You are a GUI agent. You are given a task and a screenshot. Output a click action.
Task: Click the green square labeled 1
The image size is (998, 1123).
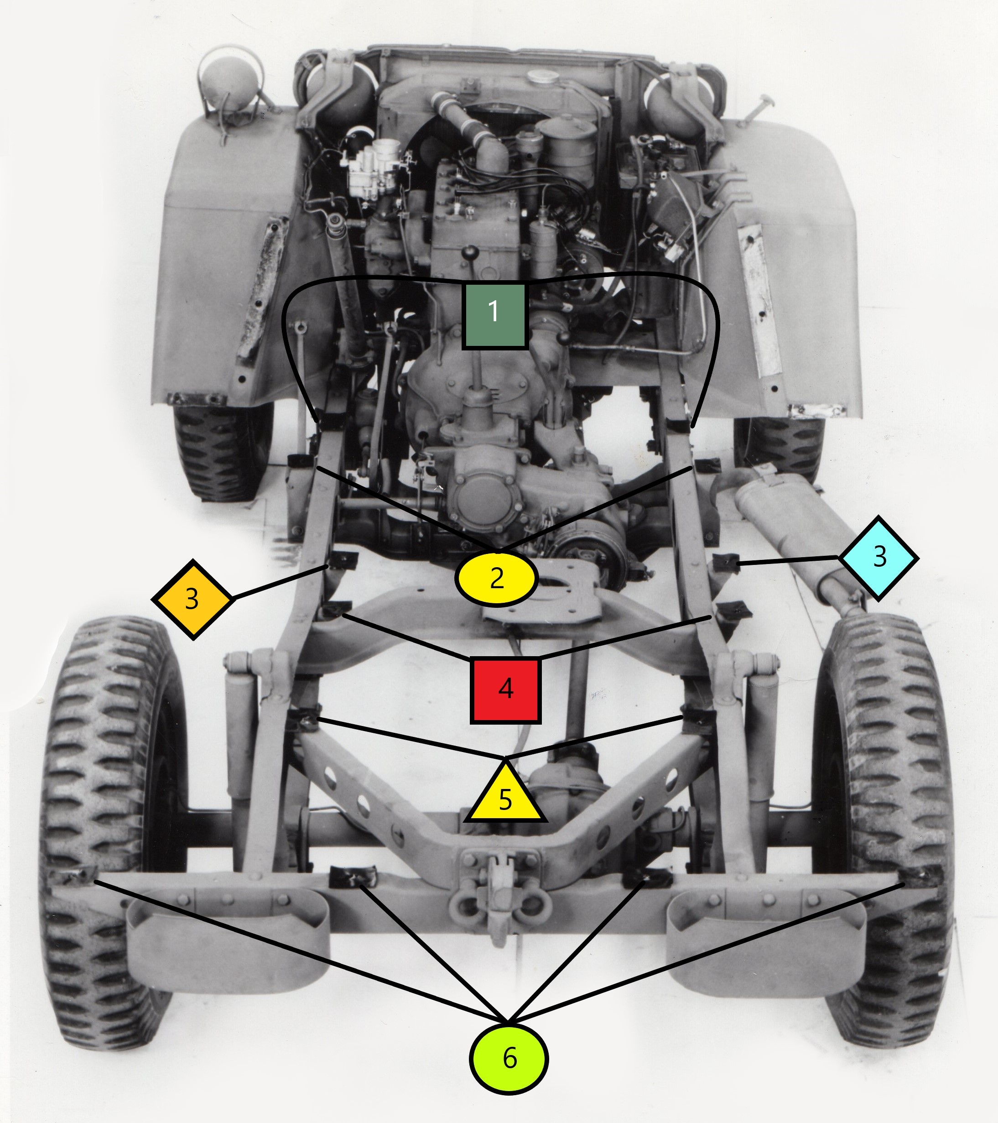tap(495, 315)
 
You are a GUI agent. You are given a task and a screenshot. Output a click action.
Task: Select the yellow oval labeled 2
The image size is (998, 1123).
tap(496, 579)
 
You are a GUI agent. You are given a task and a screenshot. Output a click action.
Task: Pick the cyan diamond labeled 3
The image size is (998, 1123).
tap(879, 558)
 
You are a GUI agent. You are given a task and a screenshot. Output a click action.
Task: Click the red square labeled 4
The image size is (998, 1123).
tap(506, 690)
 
